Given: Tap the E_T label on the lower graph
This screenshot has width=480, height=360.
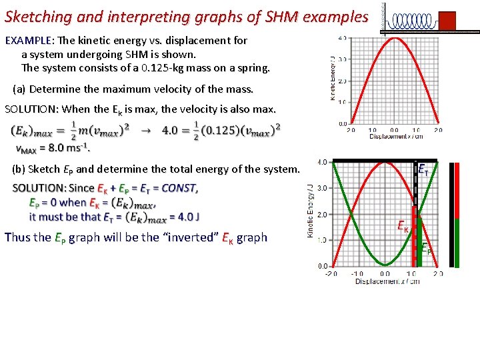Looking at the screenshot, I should pyautogui.click(x=423, y=169).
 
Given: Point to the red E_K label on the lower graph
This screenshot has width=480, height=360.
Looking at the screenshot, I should pyautogui.click(x=403, y=227).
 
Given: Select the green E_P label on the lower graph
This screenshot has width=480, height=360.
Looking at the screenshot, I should pyautogui.click(x=426, y=249).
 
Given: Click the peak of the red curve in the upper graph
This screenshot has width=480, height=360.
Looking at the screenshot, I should pyautogui.click(x=395, y=38).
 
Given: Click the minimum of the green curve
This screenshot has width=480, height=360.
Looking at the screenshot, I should pyautogui.click(x=385, y=265).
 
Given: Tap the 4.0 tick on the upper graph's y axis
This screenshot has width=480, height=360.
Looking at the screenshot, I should pyautogui.click(x=341, y=38).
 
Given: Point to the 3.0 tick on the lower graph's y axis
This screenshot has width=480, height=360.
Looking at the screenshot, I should pyautogui.click(x=322, y=188).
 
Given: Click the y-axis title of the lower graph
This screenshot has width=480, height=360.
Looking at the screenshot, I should pyautogui.click(x=310, y=213).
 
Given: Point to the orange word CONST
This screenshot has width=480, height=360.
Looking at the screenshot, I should pyautogui.click(x=179, y=188).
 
